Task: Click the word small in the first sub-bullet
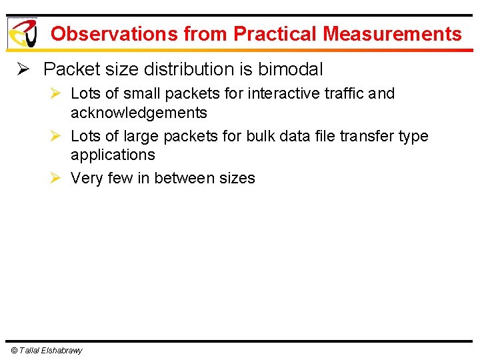(x=141, y=93)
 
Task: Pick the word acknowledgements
(x=139, y=112)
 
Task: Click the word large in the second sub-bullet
(x=141, y=136)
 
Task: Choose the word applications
(x=113, y=155)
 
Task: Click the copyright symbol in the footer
(x=14, y=351)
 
